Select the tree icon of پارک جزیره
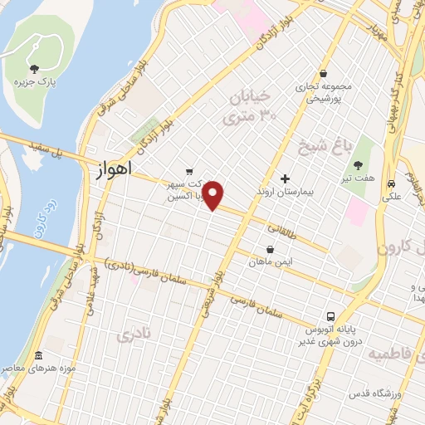(x=33, y=69)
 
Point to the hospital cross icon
(x=285, y=178)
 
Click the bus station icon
(x=330, y=316)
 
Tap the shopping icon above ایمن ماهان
(x=270, y=248)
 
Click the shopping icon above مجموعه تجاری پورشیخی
(x=322, y=72)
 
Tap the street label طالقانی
(x=280, y=227)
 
